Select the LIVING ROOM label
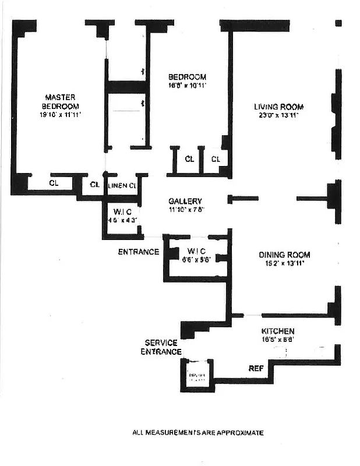[278, 107]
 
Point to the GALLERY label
[185, 201]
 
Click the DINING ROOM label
[284, 255]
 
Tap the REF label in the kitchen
[256, 368]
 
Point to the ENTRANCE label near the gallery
[139, 252]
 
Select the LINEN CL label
[123, 185]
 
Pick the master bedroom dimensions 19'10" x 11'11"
[61, 115]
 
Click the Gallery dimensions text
[185, 209]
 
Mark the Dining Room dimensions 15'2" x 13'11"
[284, 263]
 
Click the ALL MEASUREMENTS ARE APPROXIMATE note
[198, 433]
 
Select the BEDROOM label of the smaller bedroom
[187, 77]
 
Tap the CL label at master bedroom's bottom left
[54, 183]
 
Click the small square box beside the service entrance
[196, 373]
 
